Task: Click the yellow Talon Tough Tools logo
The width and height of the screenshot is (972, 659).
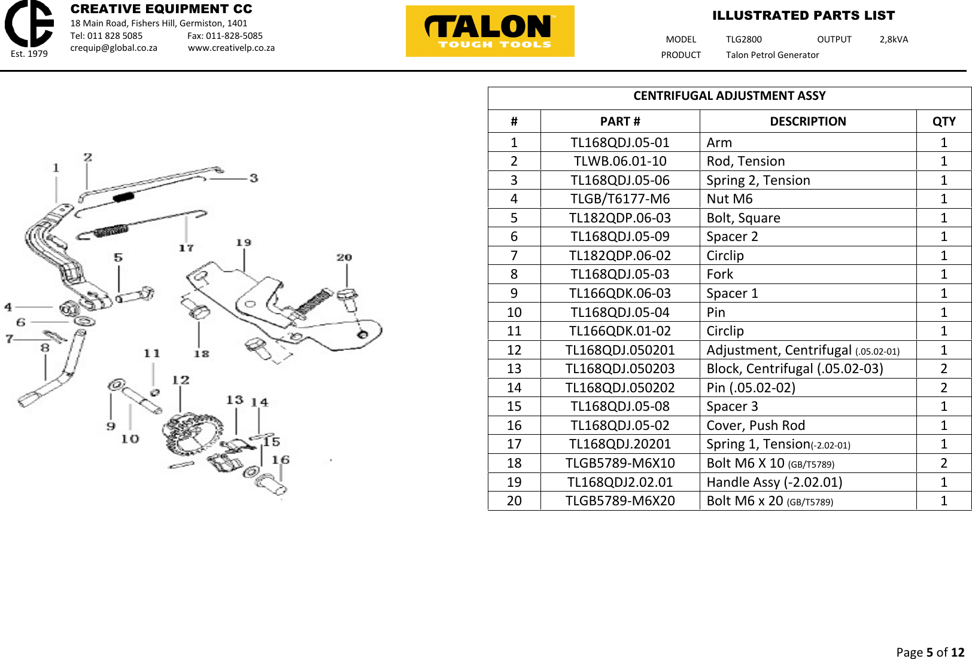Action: pyautogui.click(x=490, y=31)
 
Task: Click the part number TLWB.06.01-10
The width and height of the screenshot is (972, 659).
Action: pyautogui.click(x=619, y=161)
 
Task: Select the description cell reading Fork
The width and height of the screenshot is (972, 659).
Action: pyautogui.click(x=719, y=274)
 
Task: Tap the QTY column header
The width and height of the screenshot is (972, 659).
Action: pyautogui.click(x=943, y=121)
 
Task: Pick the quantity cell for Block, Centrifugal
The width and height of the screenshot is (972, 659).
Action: pyautogui.click(x=943, y=369)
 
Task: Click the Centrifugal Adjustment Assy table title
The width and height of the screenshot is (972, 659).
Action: pyautogui.click(x=729, y=96)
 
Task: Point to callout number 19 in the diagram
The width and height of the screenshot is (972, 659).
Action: pyautogui.click(x=243, y=243)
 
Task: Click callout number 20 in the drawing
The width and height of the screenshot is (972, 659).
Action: pyautogui.click(x=344, y=258)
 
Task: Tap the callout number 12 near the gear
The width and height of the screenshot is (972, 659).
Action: pyautogui.click(x=180, y=380)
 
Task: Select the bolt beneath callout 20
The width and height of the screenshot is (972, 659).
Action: pyautogui.click(x=348, y=299)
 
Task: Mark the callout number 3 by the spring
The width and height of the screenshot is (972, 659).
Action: pyautogui.click(x=254, y=178)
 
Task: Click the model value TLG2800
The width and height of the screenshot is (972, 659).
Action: pyautogui.click(x=743, y=39)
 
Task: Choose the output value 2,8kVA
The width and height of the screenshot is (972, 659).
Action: pyautogui.click(x=893, y=39)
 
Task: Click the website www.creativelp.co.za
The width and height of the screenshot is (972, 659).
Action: pyautogui.click(x=231, y=48)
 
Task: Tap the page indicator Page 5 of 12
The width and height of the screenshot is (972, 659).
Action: pyautogui.click(x=930, y=652)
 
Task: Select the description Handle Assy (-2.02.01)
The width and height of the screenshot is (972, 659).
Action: pyautogui.click(x=774, y=482)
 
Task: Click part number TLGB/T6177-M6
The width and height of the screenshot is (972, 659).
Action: pyautogui.click(x=619, y=199)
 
